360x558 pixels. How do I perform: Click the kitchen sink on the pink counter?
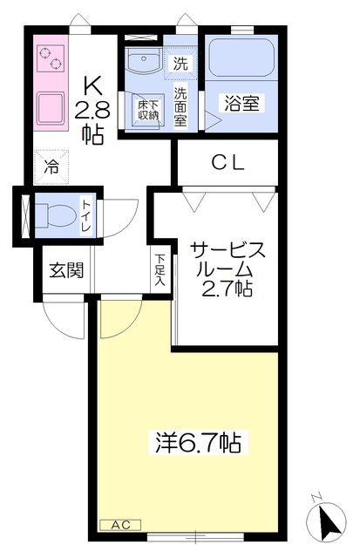51,107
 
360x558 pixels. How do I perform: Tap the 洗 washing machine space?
180,63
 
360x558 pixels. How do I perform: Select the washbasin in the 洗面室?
142,62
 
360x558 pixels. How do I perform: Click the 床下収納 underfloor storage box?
147,109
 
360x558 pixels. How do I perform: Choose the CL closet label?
229,163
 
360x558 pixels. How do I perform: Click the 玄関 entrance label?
65,270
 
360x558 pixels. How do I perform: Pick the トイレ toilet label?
86,214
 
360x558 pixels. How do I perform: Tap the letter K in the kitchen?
92,85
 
